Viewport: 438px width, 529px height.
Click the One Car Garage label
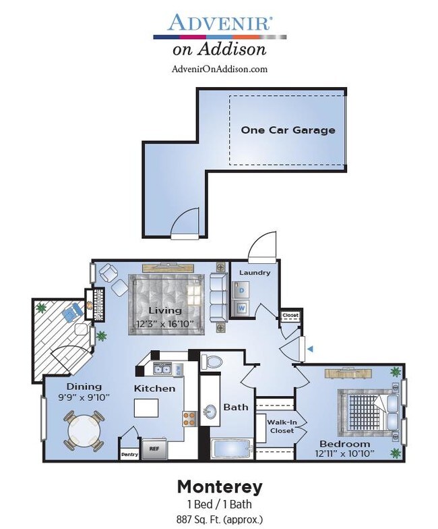tap(288, 130)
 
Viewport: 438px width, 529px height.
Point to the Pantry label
tap(129, 454)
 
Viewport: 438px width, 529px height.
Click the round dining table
tap(84, 430)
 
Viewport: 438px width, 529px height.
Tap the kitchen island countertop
tap(146, 409)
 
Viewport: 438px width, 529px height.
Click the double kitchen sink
tap(162, 368)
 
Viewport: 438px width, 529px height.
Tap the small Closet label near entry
tap(290, 316)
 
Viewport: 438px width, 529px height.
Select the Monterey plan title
tap(219, 486)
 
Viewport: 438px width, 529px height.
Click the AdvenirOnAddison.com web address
tap(220, 69)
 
